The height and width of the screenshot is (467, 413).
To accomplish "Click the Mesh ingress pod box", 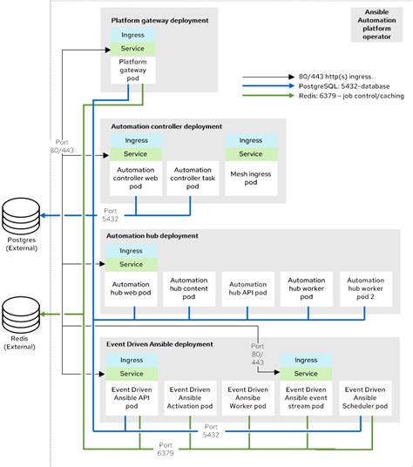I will pyautogui.click(x=250, y=177).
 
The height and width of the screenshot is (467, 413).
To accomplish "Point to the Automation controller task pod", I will pyautogui.click(x=191, y=177).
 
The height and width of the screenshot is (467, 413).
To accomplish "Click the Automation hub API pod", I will pyautogui.click(x=247, y=289).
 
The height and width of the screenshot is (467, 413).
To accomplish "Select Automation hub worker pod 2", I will pyautogui.click(x=366, y=289).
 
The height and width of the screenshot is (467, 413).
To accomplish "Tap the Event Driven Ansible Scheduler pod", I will pyautogui.click(x=366, y=396).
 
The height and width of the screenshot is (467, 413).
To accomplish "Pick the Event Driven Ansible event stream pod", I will pyautogui.click(x=306, y=396).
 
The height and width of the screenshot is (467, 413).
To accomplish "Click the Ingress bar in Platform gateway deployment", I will pyautogui.click(x=134, y=36).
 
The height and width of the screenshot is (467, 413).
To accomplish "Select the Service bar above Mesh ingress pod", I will pyautogui.click(x=250, y=153).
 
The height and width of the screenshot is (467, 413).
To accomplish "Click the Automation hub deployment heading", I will pyautogui.click(x=152, y=235).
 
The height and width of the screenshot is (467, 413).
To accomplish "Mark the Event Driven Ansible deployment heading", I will pyautogui.click(x=159, y=344).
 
